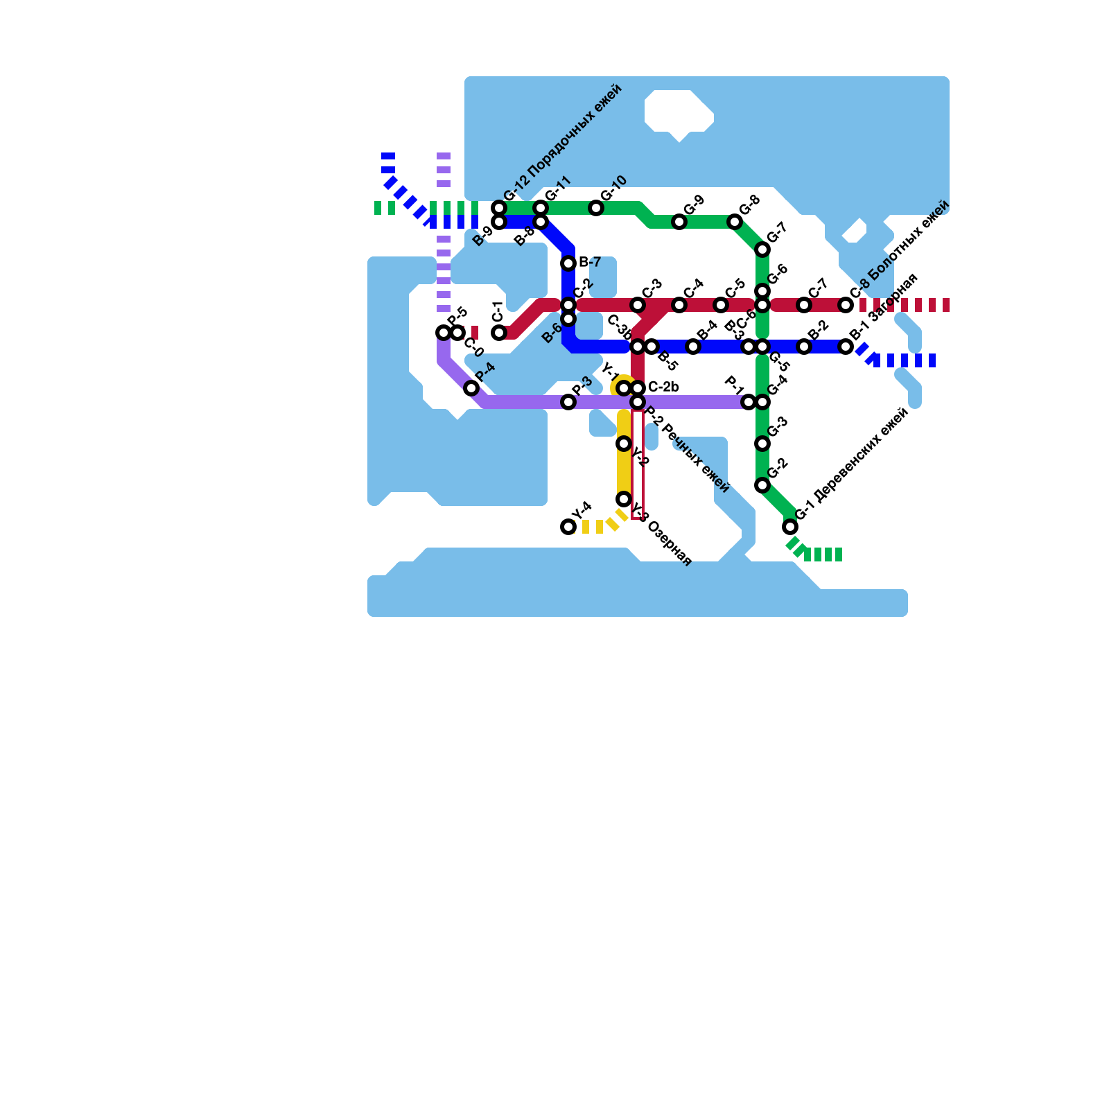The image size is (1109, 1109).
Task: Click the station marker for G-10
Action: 596,208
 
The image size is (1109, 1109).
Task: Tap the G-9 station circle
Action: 679,222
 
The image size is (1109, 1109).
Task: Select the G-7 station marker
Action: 762,250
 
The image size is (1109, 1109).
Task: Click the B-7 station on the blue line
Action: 568,263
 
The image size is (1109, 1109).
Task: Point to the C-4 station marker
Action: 679,305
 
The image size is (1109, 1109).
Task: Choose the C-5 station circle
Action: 721,305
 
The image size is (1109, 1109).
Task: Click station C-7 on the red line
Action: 804,305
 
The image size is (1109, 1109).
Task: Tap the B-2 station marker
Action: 804,347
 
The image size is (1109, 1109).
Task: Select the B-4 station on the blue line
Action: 693,347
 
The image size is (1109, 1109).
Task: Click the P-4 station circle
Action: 471,388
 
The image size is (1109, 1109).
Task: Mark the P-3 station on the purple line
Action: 568,402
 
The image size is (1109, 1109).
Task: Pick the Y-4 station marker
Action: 568,527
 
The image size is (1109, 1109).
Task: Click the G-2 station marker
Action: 762,485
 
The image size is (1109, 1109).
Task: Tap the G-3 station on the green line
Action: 762,444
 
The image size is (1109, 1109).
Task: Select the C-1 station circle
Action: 499,333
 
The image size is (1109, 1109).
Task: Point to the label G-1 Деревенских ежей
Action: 852,464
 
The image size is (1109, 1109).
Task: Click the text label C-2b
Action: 663,387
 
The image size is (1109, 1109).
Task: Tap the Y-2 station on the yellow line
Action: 624,444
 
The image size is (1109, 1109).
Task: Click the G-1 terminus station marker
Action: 790,527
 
